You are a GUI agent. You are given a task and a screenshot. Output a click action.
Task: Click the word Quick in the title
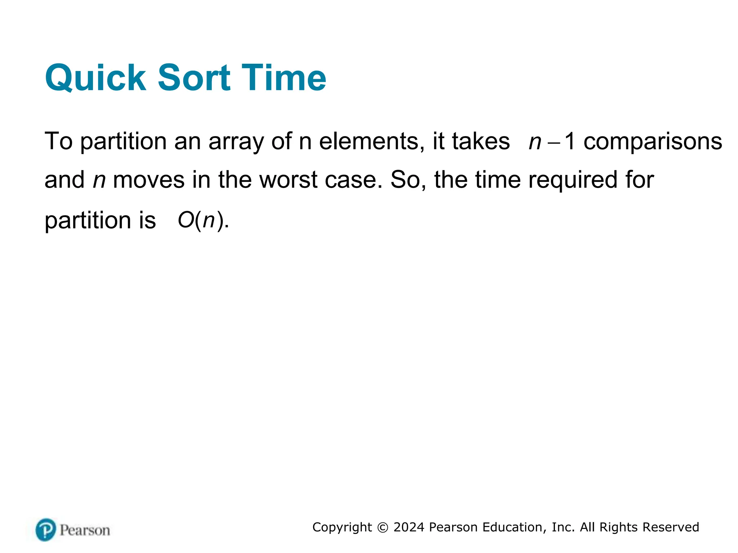[95, 78]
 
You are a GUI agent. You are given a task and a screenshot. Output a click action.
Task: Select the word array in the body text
[236, 141]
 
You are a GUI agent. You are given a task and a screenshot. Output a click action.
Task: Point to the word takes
[481, 141]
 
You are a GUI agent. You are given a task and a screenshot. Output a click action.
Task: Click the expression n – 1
[551, 141]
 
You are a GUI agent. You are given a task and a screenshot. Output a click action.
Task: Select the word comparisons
[653, 141]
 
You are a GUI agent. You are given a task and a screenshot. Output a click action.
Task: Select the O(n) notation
[203, 220]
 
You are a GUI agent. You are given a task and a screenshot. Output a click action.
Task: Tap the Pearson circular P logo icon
[46, 530]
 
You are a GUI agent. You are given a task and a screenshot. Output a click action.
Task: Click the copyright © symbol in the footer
[383, 527]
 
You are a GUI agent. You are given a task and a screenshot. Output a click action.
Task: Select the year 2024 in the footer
[409, 527]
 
